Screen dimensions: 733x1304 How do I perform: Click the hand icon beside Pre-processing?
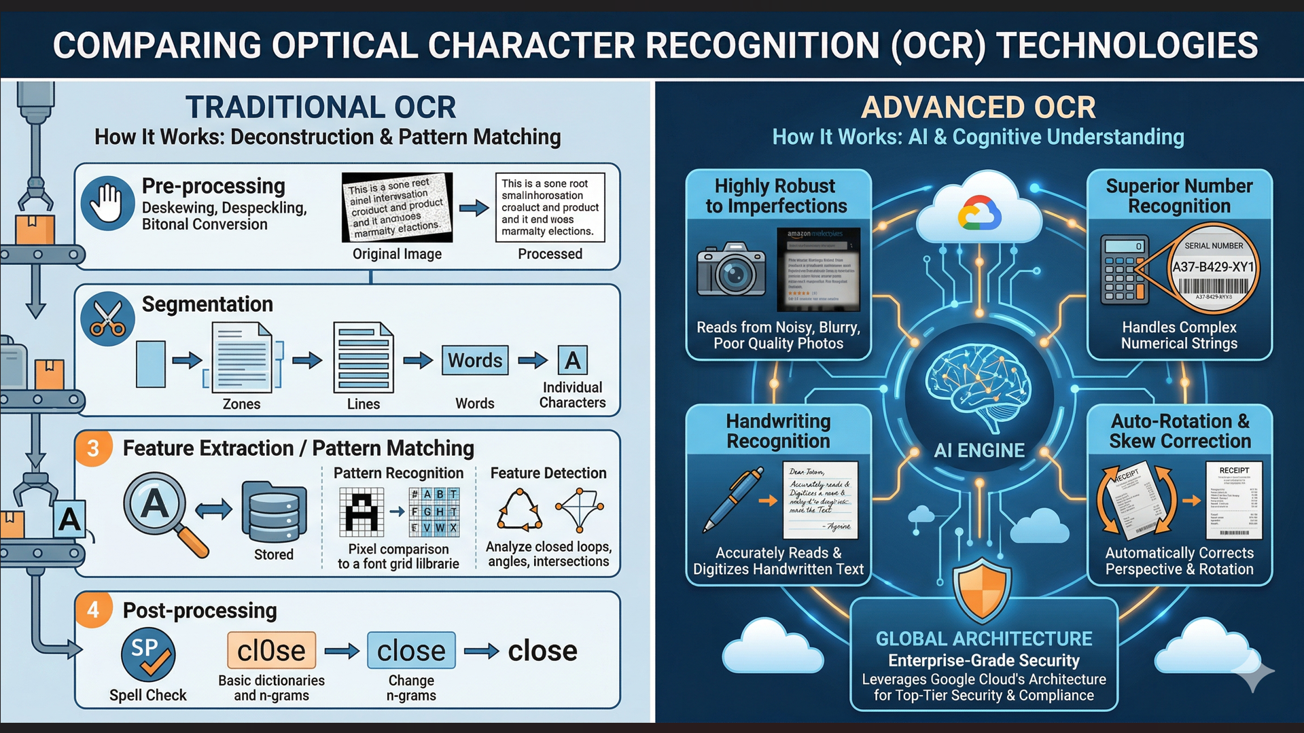click(107, 204)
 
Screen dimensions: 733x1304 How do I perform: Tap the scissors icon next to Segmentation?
click(107, 319)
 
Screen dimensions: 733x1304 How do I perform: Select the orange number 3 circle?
click(93, 448)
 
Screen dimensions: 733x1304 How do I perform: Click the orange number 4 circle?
click(93, 610)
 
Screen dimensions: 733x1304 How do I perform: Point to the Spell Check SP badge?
click(147, 654)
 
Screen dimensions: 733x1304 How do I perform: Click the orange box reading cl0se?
click(271, 651)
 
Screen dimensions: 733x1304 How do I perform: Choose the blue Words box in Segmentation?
click(474, 360)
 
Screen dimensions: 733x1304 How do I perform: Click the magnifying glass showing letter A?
click(156, 506)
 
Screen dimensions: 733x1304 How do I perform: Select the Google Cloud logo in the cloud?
click(979, 214)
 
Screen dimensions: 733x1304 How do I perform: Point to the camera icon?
click(731, 270)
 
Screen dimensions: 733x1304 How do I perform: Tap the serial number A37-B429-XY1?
click(1213, 267)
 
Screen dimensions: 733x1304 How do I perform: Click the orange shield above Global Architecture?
click(981, 589)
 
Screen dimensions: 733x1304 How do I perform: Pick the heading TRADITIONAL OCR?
click(321, 107)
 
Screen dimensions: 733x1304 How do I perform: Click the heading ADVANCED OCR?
click(979, 107)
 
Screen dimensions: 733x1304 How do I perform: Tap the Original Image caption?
click(397, 254)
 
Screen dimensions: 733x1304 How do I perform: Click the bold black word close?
click(542, 651)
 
